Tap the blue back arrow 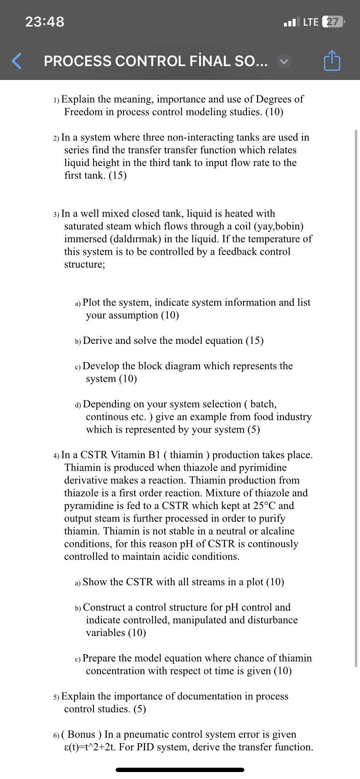tap(17, 61)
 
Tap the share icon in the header tap(332, 61)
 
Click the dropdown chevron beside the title tap(284, 62)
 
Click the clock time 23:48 tap(45, 21)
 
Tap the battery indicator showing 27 tap(333, 22)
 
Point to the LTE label tap(311, 22)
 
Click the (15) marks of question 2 tap(117, 176)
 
